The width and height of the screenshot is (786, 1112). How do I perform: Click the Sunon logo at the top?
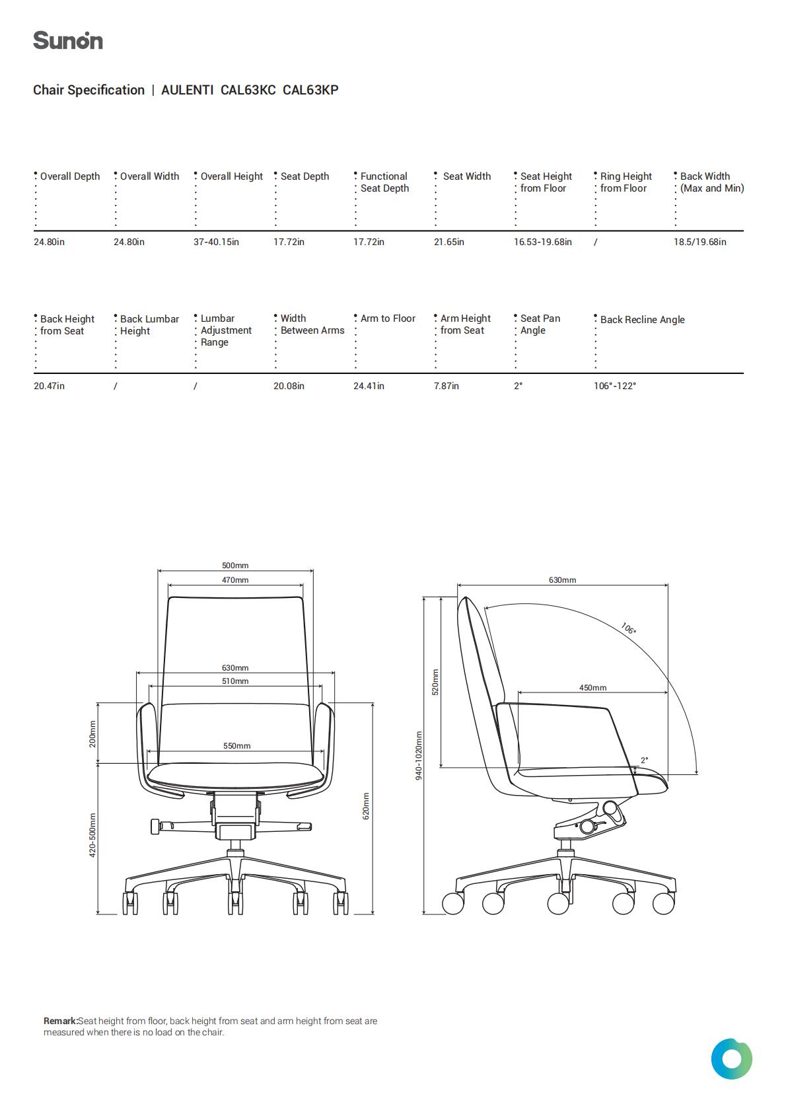[x=68, y=40]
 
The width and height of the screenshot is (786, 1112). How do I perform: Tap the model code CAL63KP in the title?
[x=310, y=90]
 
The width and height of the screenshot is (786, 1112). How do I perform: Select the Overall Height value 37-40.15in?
[x=217, y=242]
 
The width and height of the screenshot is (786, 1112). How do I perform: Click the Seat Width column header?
[x=466, y=176]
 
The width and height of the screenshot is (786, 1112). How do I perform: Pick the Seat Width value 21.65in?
[x=449, y=242]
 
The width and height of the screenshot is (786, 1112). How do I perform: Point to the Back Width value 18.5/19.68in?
[x=699, y=242]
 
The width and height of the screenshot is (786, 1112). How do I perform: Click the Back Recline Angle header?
[x=642, y=320]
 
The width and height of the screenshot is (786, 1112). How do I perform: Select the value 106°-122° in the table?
[x=615, y=386]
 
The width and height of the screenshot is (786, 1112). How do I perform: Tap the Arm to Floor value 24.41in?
[x=369, y=386]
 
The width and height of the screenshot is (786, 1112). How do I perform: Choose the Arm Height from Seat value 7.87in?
[x=446, y=386]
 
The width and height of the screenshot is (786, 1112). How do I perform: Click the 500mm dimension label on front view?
[x=235, y=566]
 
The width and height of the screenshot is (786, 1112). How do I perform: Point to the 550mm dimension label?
[x=236, y=746]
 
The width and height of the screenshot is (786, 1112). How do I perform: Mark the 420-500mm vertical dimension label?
[x=92, y=835]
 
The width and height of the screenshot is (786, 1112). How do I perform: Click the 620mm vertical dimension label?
[x=366, y=806]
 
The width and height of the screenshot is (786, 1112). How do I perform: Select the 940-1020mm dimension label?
[x=419, y=756]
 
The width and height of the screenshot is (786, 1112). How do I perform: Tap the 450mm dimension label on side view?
[x=592, y=688]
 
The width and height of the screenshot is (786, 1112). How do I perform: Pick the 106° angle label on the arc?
[x=628, y=628]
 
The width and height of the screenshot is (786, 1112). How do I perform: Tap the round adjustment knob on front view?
[x=155, y=827]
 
